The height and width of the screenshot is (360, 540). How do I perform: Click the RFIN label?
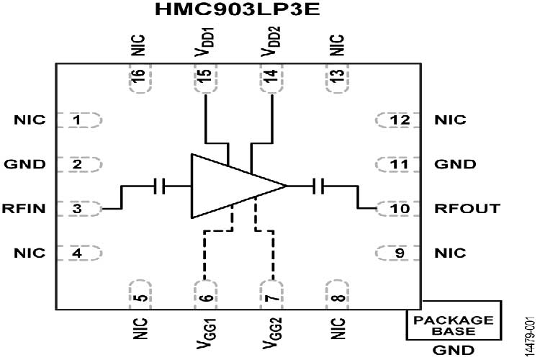pyautogui.click(x=24, y=209)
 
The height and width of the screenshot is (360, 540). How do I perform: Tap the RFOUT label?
pyautogui.click(x=457, y=209)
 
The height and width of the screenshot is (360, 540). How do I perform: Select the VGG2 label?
pyautogui.click(x=271, y=328)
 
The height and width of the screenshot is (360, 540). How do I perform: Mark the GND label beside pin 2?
pyautogui.click(x=24, y=164)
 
